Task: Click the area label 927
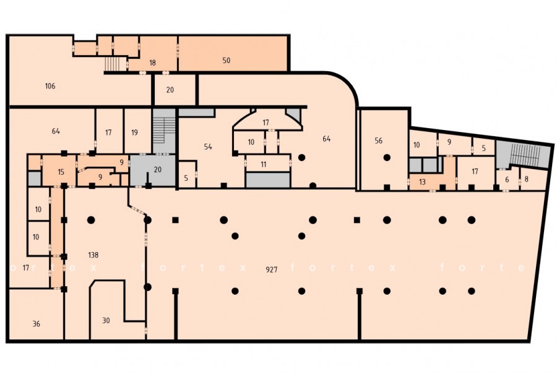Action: point(272,269)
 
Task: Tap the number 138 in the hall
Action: point(93,255)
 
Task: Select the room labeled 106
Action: point(50,85)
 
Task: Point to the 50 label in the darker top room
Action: point(227,61)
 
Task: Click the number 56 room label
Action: point(378,141)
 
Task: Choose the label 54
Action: point(208,147)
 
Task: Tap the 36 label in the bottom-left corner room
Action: point(37,324)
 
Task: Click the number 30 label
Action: point(106,320)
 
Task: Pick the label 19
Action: point(134,133)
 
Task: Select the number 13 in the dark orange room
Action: point(422,182)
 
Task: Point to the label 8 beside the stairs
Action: point(526,179)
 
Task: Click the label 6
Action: point(507,180)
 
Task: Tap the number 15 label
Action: point(61,172)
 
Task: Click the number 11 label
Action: point(263,164)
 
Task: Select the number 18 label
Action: point(152,63)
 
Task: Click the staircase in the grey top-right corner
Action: point(525,155)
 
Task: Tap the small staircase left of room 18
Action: point(113,63)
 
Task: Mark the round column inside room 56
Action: point(387,157)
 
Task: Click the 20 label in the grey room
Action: point(157,170)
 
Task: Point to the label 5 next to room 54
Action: point(186,178)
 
